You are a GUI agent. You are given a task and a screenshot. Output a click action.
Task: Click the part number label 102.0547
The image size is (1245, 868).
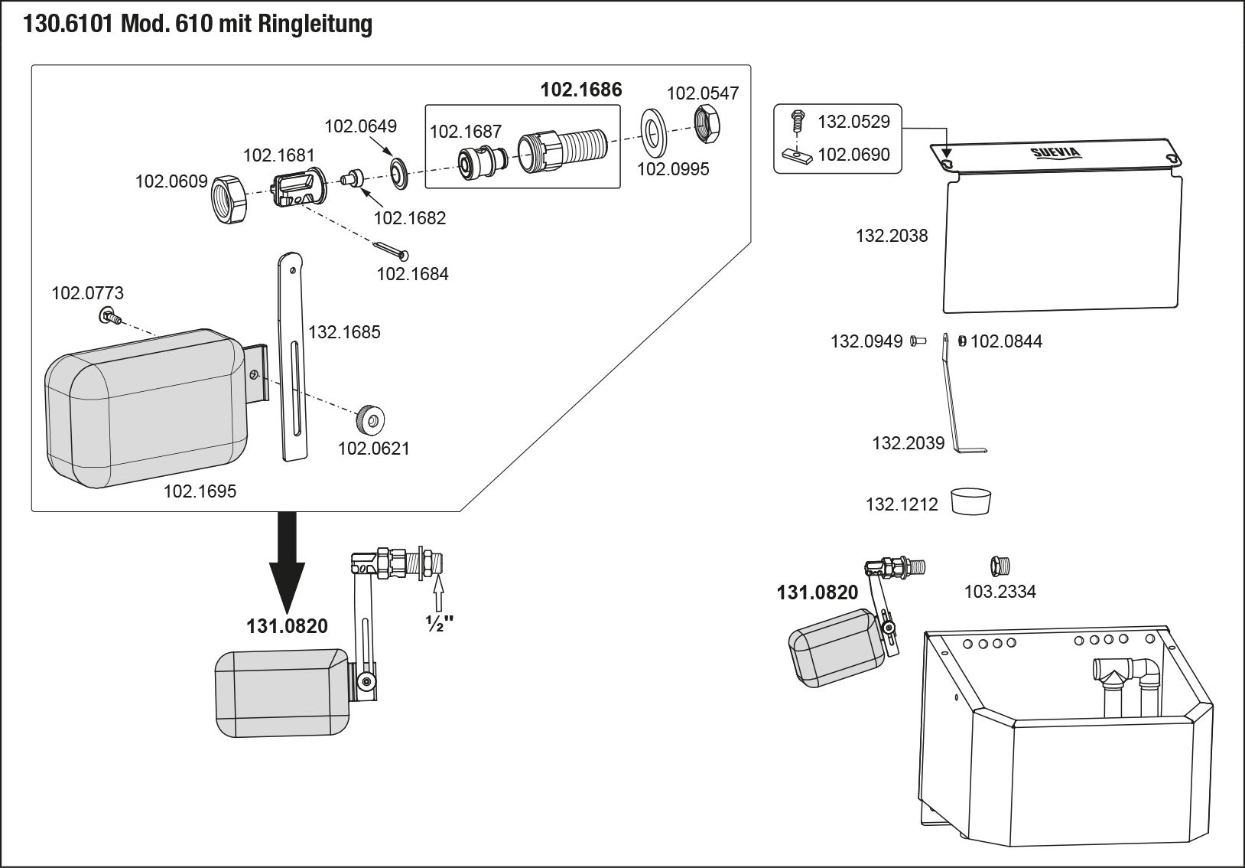pyautogui.click(x=703, y=93)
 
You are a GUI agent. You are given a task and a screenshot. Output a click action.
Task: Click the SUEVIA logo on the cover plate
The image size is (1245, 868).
pyautogui.click(x=1055, y=152)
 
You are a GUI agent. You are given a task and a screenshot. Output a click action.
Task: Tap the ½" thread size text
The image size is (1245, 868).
pyautogui.click(x=438, y=623)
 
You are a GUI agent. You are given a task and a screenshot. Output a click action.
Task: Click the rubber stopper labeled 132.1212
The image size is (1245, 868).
pyautogui.click(x=971, y=502)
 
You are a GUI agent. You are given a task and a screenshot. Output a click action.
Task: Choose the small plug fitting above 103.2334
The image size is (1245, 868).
pyautogui.click(x=1000, y=566)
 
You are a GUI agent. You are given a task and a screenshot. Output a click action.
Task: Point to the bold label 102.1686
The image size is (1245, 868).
pyautogui.click(x=581, y=90)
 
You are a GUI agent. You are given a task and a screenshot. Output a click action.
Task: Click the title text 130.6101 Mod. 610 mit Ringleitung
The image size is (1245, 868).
pyautogui.click(x=198, y=25)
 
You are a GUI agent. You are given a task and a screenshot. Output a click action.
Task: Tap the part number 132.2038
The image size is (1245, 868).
pyautogui.click(x=891, y=236)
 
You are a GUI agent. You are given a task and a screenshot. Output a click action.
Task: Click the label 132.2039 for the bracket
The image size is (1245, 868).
pyautogui.click(x=908, y=443)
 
